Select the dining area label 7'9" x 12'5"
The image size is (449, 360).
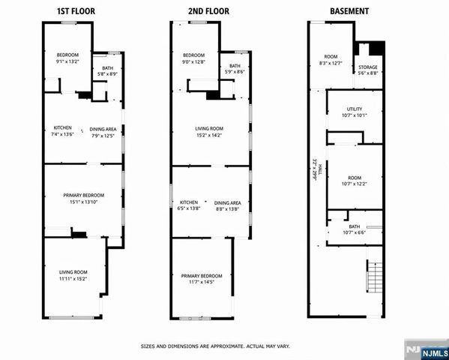pos(103,132)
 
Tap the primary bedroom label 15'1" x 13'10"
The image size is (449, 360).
pos(83,199)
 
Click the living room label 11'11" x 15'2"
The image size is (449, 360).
pos(73,274)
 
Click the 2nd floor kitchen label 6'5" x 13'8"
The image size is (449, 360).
pos(188,205)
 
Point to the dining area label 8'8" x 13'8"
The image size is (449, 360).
pos(227,205)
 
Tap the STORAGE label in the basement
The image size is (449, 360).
pos(368,70)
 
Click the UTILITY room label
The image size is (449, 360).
pos(354,112)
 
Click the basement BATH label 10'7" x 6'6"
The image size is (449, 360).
pos(354,229)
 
